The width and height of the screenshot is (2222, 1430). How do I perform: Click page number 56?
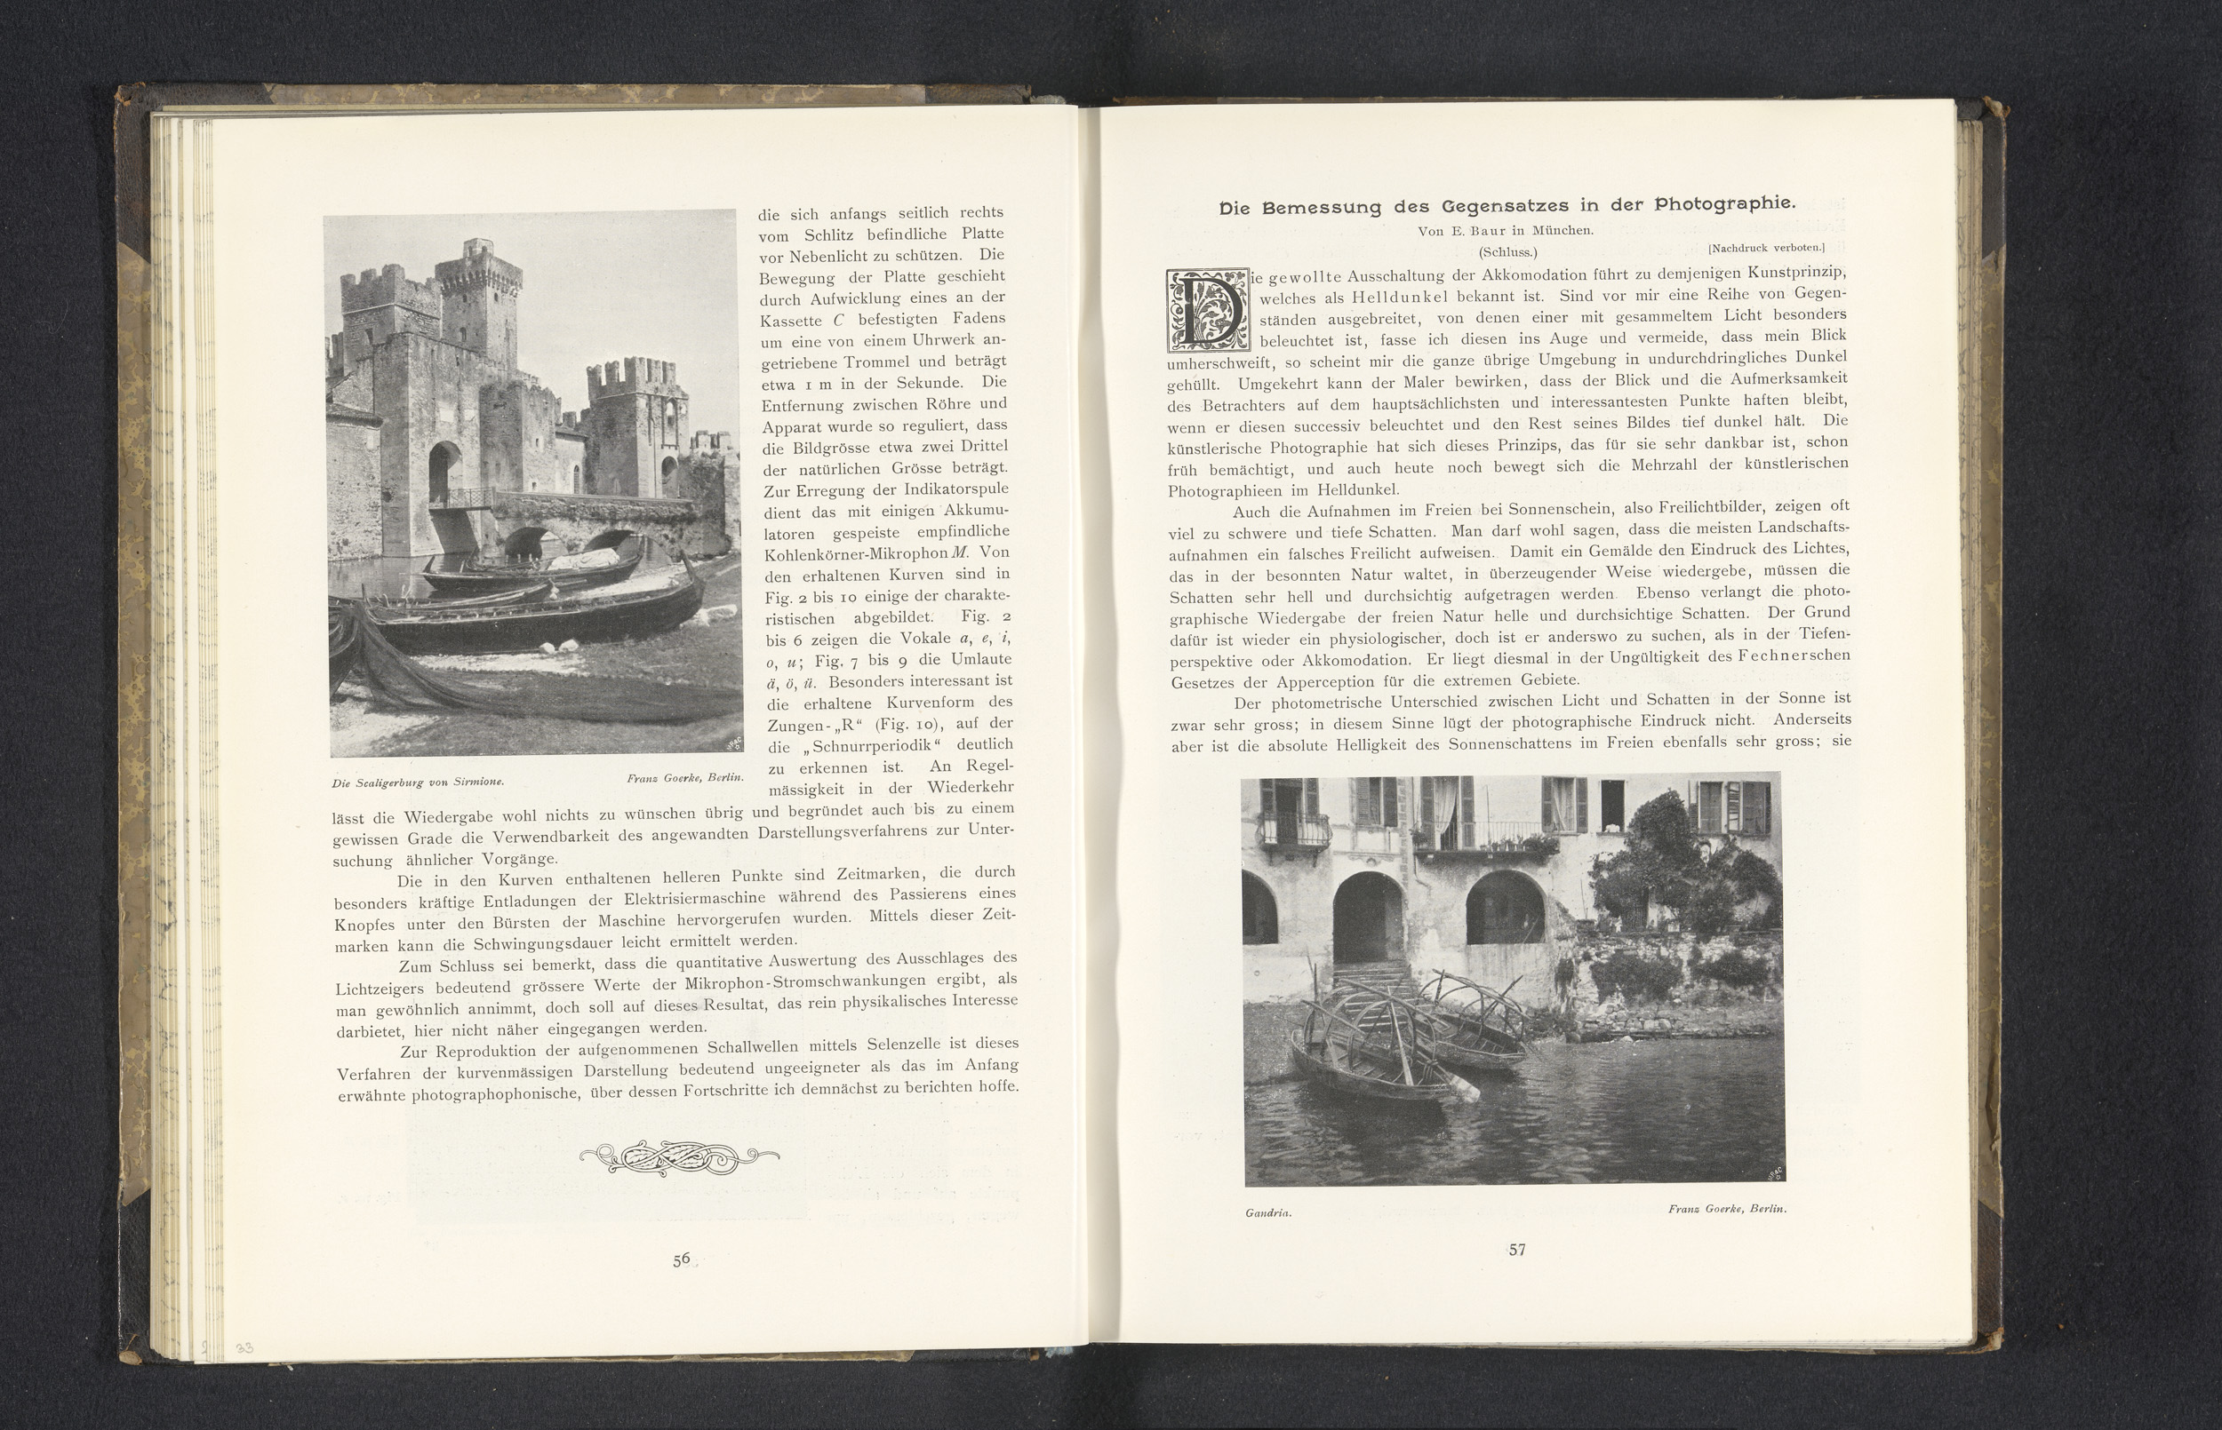coord(681,1259)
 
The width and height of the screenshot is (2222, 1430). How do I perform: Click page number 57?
coord(1516,1250)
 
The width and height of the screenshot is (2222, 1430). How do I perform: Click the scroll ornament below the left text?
coord(679,1158)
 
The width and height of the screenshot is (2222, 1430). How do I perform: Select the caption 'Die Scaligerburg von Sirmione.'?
coord(418,783)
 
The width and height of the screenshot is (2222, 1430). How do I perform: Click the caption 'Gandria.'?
coord(1268,1212)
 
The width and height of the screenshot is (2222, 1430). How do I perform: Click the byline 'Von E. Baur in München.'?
coord(1505,230)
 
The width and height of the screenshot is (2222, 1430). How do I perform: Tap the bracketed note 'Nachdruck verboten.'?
coord(1766,248)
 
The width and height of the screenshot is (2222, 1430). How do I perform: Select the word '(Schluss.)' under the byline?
coord(1508,251)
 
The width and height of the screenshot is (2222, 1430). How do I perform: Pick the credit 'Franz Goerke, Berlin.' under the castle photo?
coord(684,777)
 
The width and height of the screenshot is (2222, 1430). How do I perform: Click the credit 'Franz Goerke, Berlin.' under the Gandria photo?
coord(1727,1209)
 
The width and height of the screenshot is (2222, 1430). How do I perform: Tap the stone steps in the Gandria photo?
coord(1363,982)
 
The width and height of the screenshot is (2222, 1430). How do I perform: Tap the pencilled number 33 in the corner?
coord(244,1348)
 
